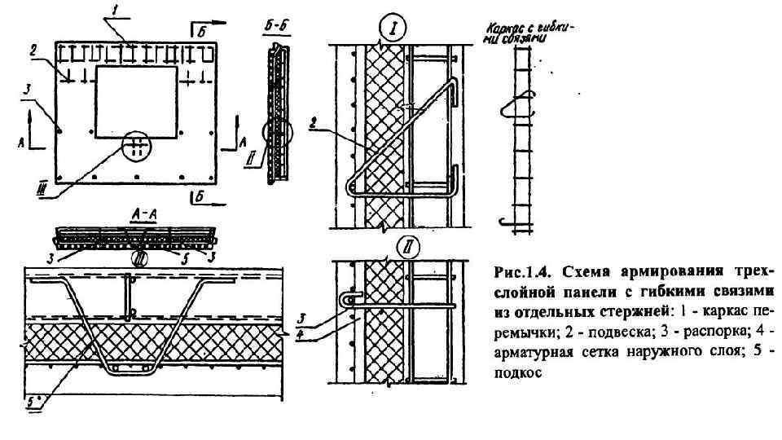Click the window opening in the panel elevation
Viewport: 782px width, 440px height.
(x=136, y=102)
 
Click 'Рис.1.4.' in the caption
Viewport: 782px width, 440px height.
(x=518, y=271)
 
